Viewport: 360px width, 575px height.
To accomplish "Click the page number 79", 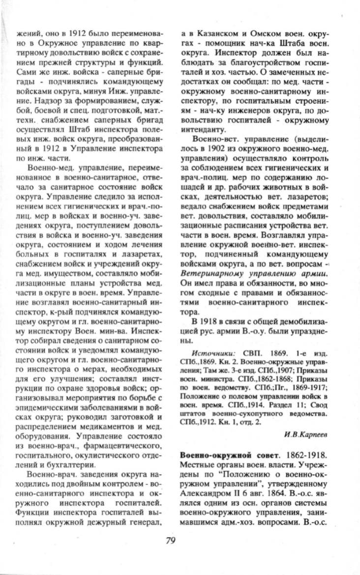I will click(x=170, y=541).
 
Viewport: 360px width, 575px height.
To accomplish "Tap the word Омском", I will click(x=263, y=34).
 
